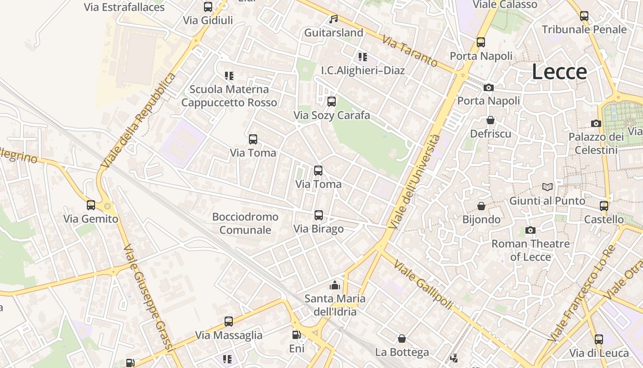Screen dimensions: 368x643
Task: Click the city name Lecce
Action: [x=559, y=72]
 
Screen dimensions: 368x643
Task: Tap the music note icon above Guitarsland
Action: [x=334, y=19]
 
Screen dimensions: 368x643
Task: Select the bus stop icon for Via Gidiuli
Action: [x=208, y=7]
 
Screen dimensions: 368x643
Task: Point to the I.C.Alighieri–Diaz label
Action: [x=363, y=70]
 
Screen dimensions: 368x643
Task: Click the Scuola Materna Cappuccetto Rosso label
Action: [x=229, y=96]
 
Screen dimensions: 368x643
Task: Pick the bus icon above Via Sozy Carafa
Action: [x=331, y=102]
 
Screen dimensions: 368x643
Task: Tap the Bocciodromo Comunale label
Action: [x=245, y=223]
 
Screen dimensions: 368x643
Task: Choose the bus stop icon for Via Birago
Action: [x=318, y=215]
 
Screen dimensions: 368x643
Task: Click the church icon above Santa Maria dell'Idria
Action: [x=335, y=285]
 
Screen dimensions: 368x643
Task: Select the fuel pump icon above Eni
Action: [x=297, y=335]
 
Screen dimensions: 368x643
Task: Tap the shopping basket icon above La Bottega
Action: [x=402, y=339]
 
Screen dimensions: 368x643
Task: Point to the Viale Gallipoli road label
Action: [x=423, y=285]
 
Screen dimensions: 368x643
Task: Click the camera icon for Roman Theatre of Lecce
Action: [x=530, y=230]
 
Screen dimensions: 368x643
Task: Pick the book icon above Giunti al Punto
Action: [x=547, y=187]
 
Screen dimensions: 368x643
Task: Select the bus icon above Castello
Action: [x=604, y=206]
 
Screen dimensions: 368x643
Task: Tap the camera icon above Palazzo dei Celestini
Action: [x=596, y=123]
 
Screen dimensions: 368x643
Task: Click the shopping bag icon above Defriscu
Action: [x=491, y=120]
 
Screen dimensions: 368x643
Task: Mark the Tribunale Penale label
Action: [x=584, y=29]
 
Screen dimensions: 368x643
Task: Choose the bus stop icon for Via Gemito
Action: [x=91, y=205]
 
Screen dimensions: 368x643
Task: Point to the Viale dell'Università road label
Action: [x=415, y=182]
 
